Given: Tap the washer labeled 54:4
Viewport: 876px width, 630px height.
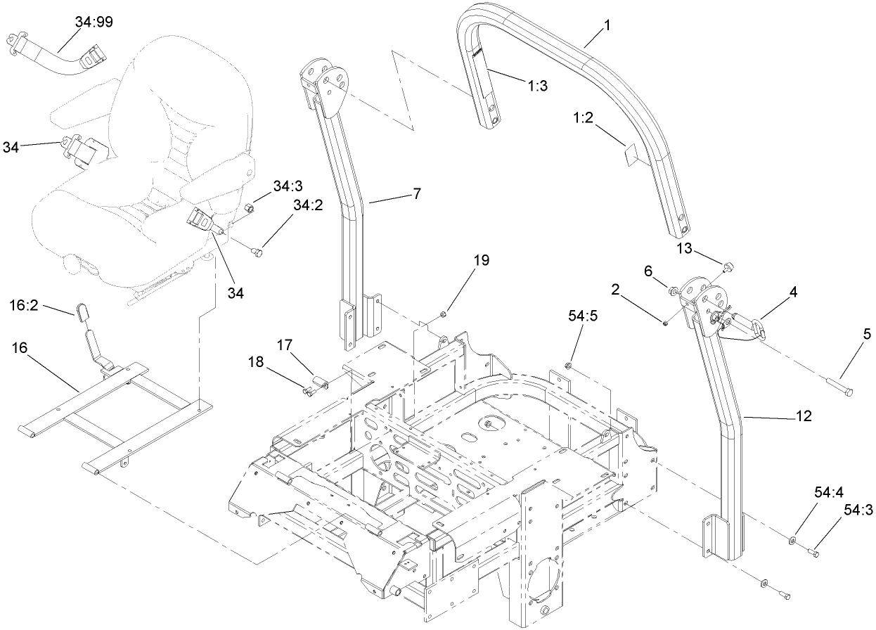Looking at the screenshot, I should pos(792,541).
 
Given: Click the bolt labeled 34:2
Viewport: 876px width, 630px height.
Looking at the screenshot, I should pos(257,248).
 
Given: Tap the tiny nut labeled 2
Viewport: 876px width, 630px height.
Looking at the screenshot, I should pos(665,323).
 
